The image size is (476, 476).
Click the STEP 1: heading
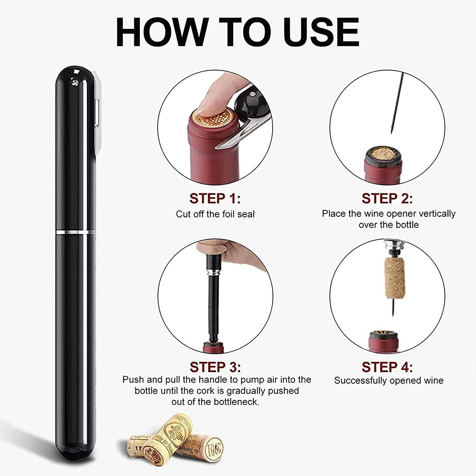coord(215,198)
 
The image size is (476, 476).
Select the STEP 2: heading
coord(387,198)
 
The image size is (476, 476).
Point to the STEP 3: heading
coord(215,367)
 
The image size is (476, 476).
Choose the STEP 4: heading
coord(387,367)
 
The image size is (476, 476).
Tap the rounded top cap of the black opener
coord(75,76)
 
